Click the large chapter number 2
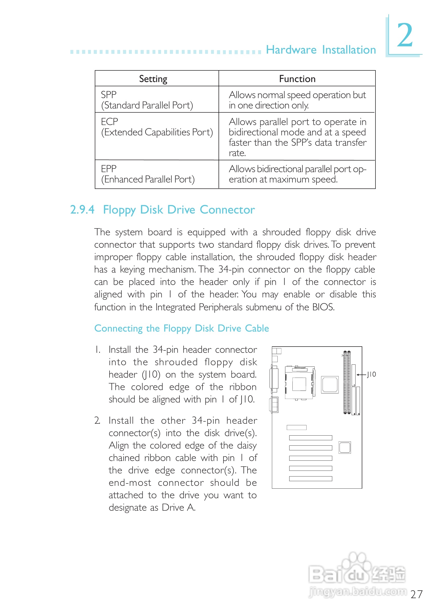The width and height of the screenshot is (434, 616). coord(405,35)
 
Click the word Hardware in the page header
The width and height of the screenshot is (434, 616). coord(291,50)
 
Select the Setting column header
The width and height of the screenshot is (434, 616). coord(153,79)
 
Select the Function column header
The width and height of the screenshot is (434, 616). coord(297,79)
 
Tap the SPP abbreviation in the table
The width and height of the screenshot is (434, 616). coord(109,95)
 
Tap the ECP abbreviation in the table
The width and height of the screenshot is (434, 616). coord(109,122)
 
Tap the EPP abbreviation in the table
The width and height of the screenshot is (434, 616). coord(109,169)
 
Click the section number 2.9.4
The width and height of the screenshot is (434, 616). coord(82,210)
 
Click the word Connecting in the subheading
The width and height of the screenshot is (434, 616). coord(118,328)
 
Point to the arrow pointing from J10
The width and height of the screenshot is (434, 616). coord(361,375)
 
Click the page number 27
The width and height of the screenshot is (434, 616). coord(416,594)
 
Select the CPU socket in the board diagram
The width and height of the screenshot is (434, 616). coord(299,383)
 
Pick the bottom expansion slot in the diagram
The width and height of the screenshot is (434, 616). coord(310,479)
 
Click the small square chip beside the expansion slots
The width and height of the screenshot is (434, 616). coord(345,447)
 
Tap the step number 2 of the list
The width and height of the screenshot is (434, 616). coord(97,420)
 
